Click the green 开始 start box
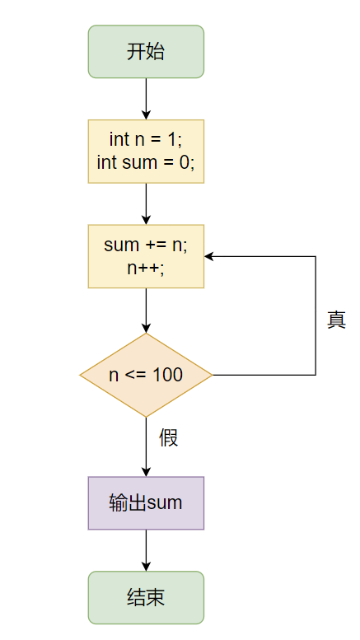146,52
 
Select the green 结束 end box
146,597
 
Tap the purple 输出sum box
146,502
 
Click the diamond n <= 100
146,375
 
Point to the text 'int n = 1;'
146,141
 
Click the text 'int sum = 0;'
146,162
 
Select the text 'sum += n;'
146,245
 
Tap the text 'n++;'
146,267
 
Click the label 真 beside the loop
336,320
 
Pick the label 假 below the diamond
169,437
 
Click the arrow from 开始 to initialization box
146,99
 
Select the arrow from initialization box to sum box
146,203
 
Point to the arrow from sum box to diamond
146,310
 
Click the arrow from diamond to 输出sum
146,446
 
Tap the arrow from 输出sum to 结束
146,550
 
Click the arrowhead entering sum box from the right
209,256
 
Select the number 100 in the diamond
167,375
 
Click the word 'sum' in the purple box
165,502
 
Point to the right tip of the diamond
212,375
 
